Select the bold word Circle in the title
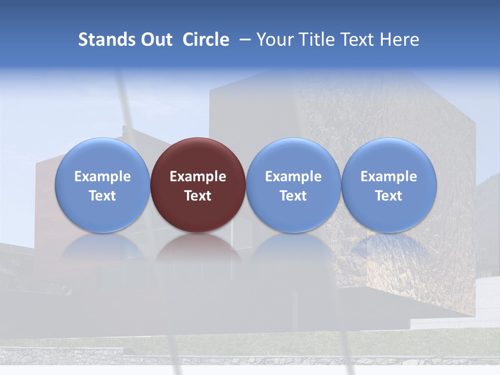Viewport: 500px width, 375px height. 206,40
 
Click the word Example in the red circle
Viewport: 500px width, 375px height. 198,177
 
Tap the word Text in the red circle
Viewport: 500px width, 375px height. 198,196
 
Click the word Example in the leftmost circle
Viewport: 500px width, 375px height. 103,177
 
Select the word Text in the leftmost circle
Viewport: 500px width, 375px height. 103,196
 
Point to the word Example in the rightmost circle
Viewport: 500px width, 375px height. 389,177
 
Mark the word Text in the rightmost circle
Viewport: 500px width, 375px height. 389,196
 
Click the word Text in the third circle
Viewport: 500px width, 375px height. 293,196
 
